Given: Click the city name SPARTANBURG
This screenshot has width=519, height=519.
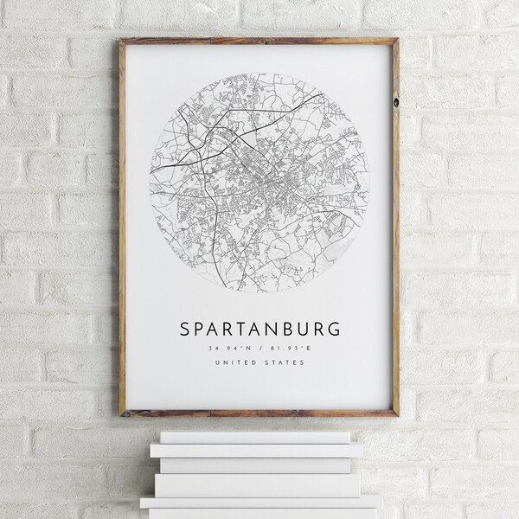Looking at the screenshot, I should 259,330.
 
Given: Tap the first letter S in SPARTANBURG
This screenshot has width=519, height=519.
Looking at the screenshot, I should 183,330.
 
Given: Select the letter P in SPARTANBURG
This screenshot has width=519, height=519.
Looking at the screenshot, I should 199,330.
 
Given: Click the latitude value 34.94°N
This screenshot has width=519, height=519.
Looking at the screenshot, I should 225,349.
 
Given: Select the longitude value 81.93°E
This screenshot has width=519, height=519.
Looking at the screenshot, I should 293,349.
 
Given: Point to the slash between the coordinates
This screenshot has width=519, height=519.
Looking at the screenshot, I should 259,349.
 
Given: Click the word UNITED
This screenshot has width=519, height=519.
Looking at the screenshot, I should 237,362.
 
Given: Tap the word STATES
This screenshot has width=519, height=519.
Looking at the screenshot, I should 286,362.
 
